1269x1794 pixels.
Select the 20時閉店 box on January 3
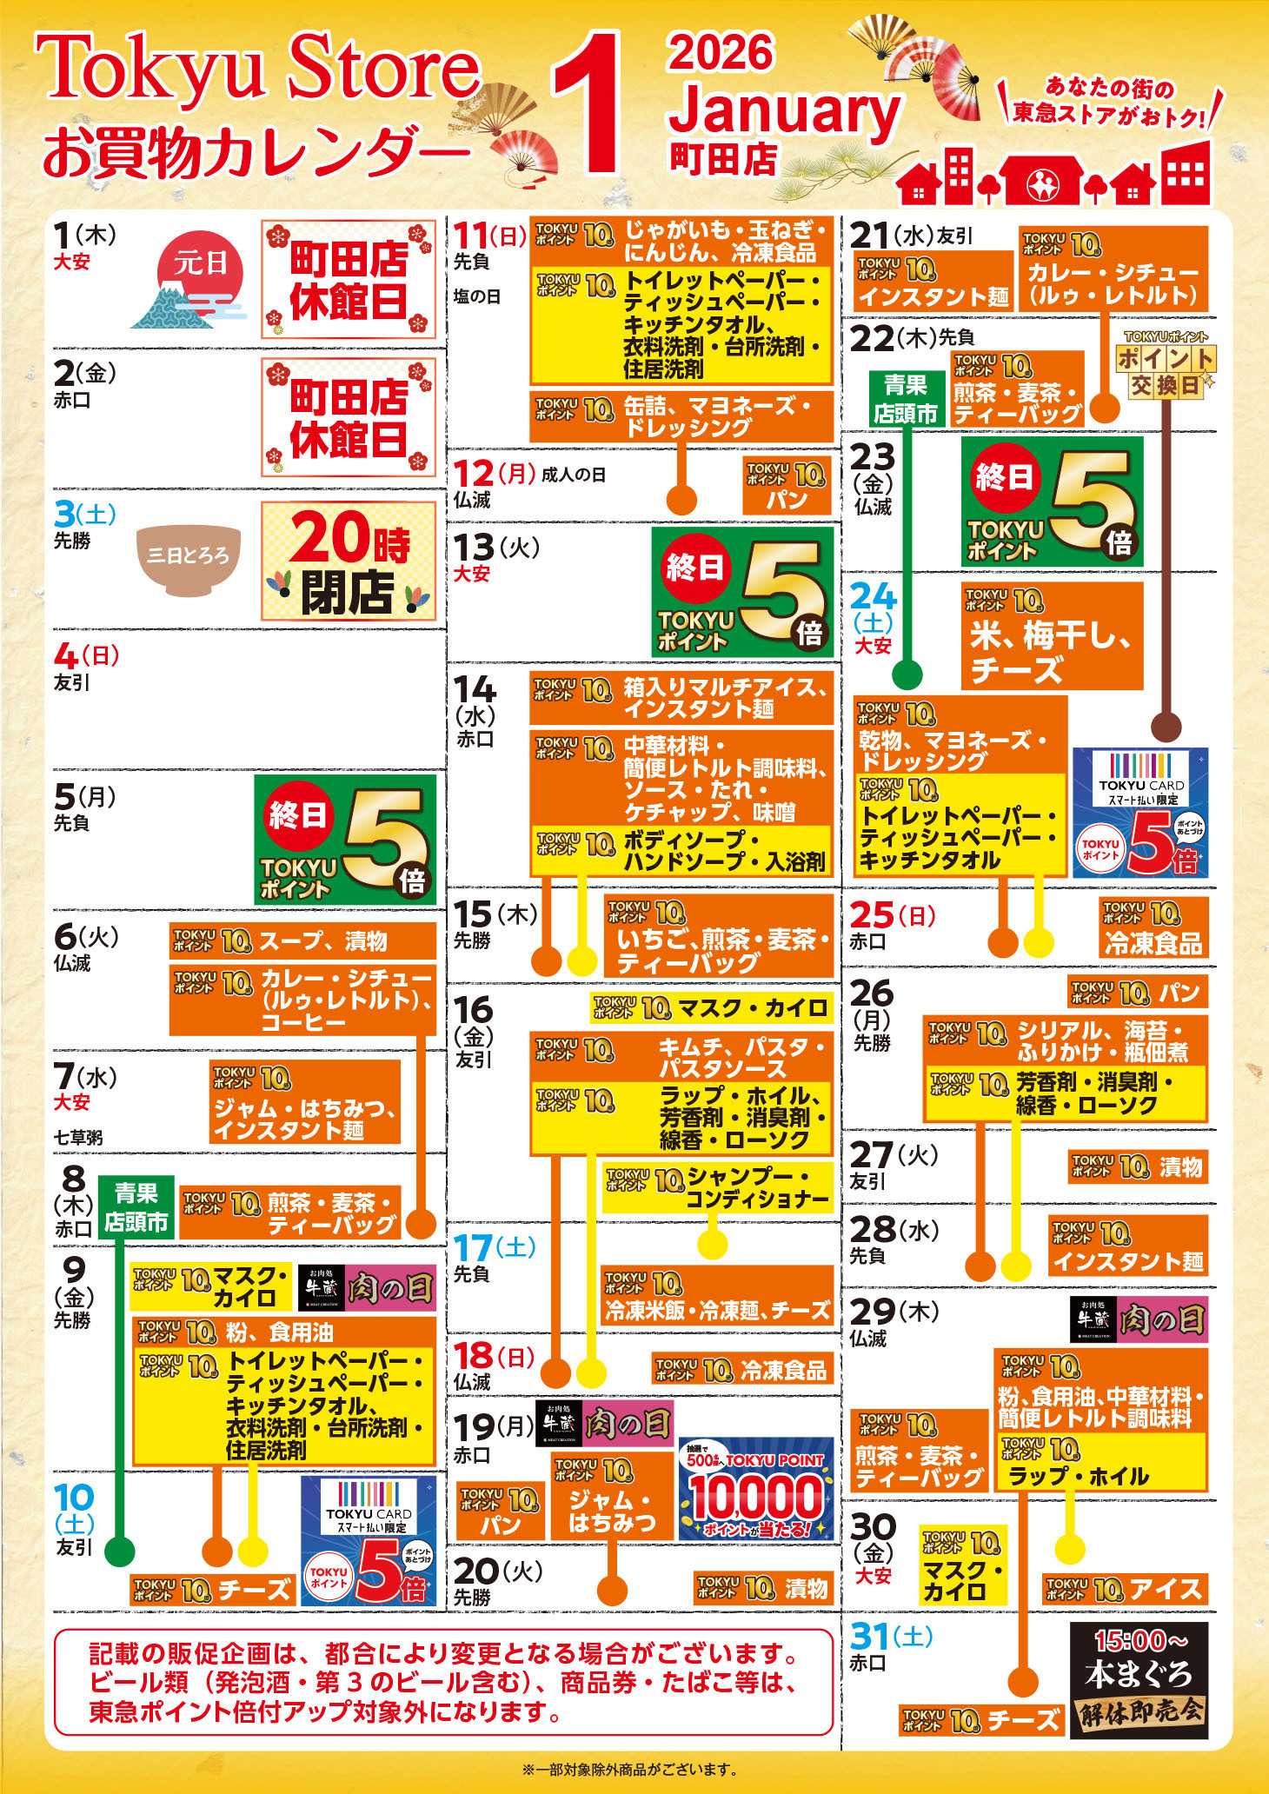pyautogui.click(x=348, y=561)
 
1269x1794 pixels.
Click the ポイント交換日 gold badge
pyautogui.click(x=1165, y=366)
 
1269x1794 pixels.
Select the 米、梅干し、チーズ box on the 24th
pyautogui.click(x=1052, y=636)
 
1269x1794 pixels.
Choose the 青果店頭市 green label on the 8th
pyautogui.click(x=136, y=1207)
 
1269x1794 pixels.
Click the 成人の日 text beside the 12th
pyautogui.click(x=574, y=475)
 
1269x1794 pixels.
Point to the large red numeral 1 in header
pyautogui.click(x=588, y=104)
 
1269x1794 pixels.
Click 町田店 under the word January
pyautogui.click(x=723, y=158)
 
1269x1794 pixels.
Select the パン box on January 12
pyautogui.click(x=787, y=487)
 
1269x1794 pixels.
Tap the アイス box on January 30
pyautogui.click(x=1125, y=1590)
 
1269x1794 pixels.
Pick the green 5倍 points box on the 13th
pyautogui.click(x=742, y=592)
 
